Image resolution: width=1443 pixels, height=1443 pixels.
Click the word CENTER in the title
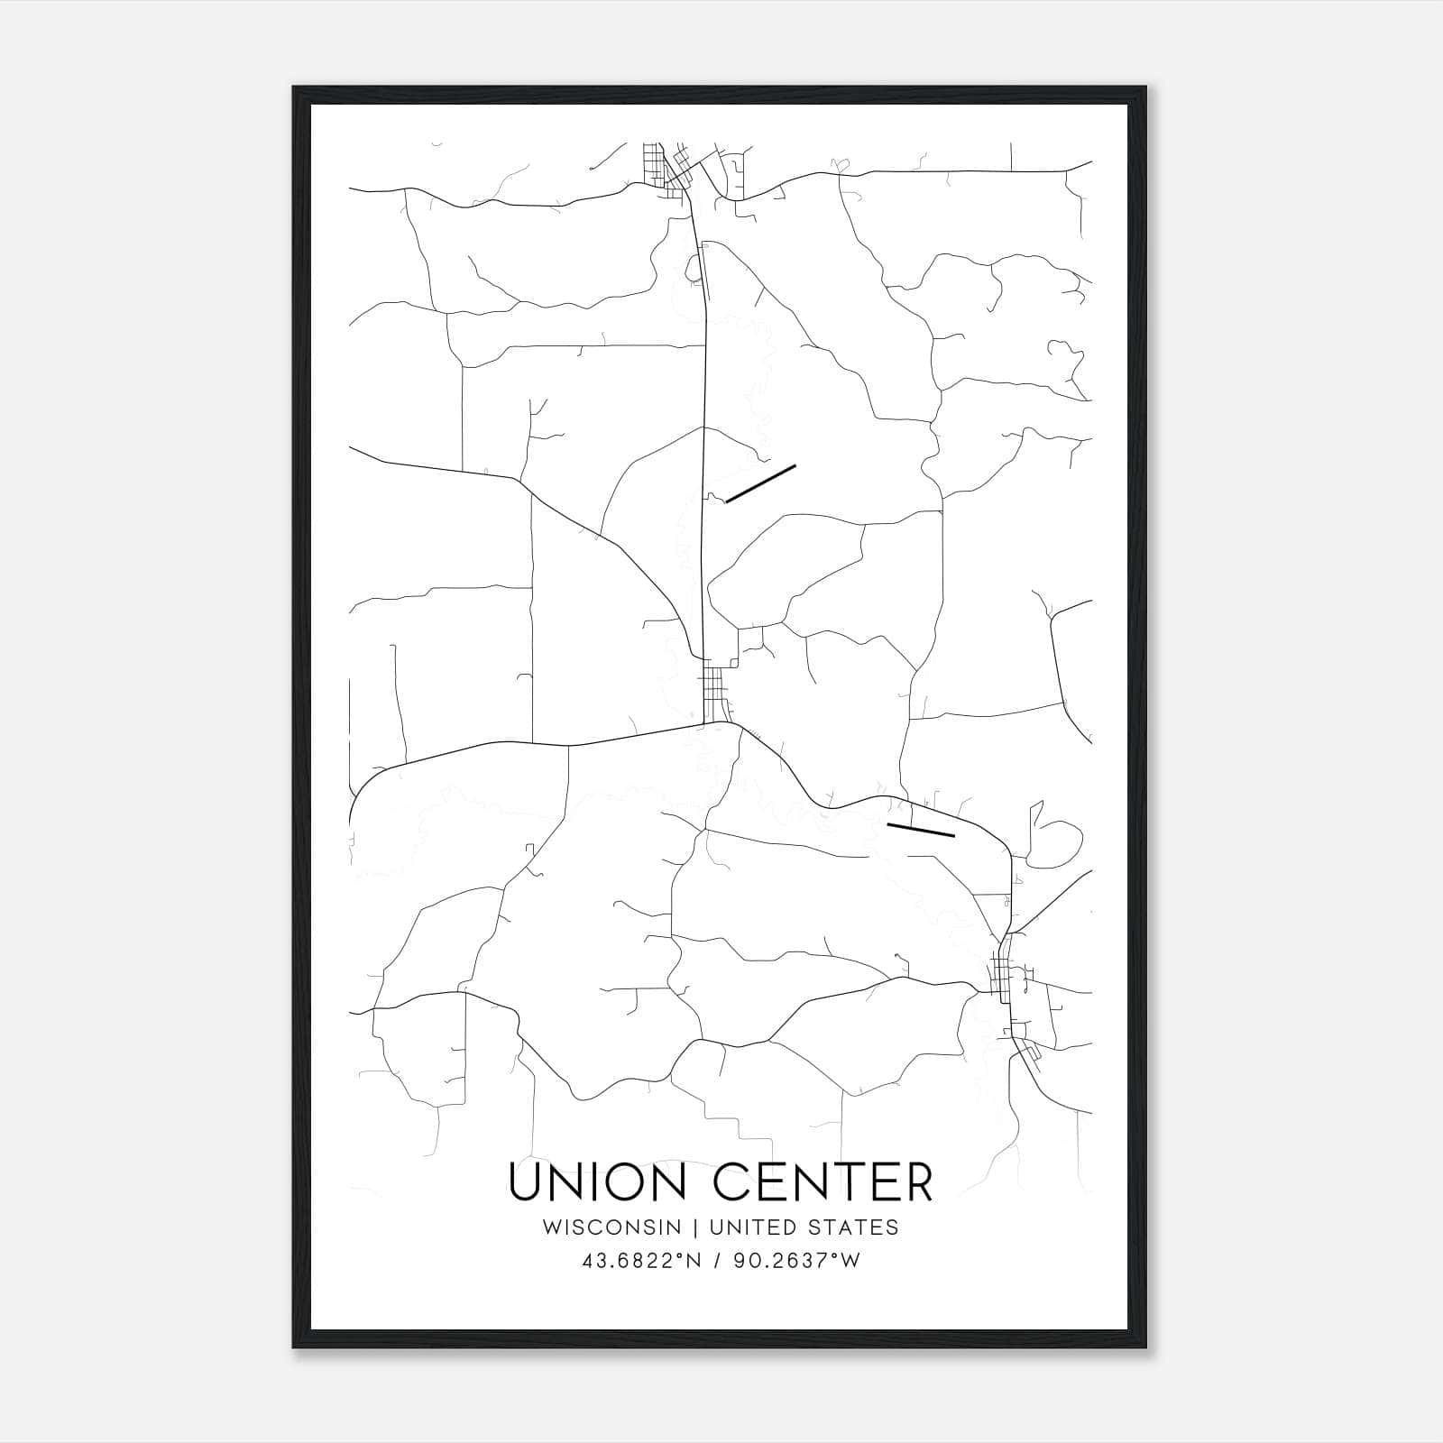point(823,1182)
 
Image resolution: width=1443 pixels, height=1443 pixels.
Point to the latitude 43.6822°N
point(643,1261)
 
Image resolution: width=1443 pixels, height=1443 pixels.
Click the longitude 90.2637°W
point(796,1261)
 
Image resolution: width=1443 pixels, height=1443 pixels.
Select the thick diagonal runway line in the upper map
point(760,483)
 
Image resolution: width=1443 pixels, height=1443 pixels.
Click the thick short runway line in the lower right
point(920,830)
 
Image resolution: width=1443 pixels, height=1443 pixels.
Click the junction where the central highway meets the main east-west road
point(705,722)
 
